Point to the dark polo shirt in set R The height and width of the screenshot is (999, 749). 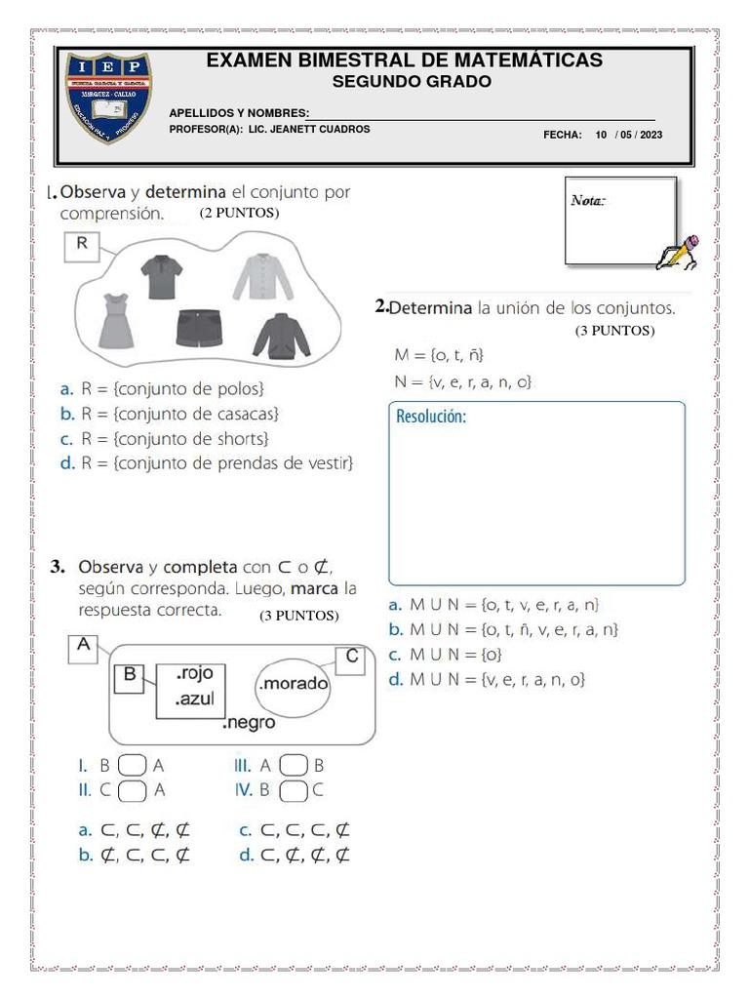(x=161, y=276)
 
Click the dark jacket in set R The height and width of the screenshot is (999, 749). (x=281, y=335)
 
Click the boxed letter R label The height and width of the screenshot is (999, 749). (x=81, y=246)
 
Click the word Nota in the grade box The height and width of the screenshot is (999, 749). (x=588, y=201)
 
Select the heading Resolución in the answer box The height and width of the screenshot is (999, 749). (x=432, y=418)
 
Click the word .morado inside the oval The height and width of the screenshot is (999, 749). (x=293, y=684)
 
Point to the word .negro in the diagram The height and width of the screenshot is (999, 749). (x=249, y=723)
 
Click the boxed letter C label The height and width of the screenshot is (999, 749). (x=351, y=659)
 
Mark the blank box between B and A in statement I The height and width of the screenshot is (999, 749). (x=135, y=767)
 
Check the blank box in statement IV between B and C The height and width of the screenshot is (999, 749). (x=294, y=790)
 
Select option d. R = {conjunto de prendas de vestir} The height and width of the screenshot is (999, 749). (x=206, y=462)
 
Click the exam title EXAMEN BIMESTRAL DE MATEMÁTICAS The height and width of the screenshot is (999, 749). (x=404, y=60)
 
